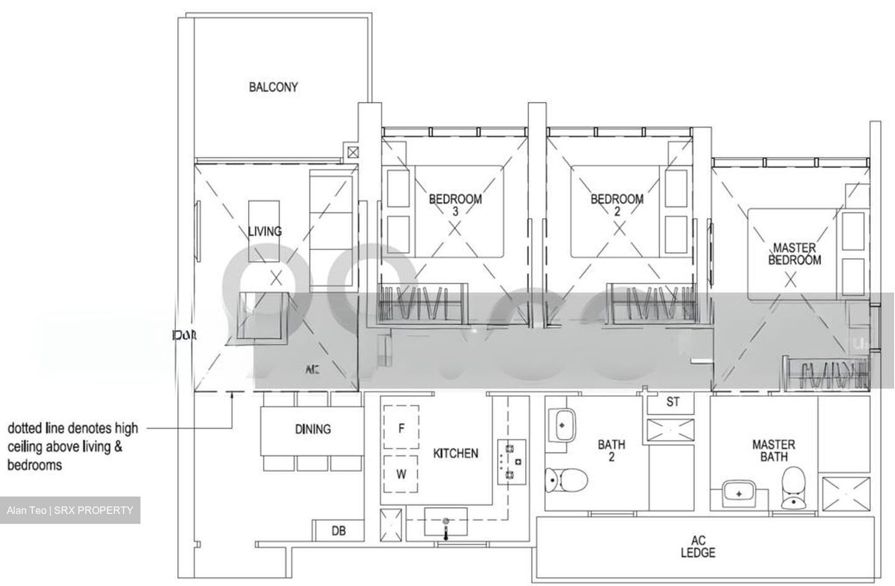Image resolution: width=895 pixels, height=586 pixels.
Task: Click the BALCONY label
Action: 273,87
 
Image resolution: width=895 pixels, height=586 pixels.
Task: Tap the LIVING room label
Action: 265,231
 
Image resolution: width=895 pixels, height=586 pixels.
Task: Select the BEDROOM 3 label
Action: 455,205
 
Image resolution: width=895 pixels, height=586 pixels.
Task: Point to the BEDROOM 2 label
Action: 617,205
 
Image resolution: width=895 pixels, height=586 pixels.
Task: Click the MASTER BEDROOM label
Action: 794,254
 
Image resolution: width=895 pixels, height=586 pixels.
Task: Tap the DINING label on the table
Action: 313,429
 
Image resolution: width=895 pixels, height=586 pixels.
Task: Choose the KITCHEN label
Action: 456,454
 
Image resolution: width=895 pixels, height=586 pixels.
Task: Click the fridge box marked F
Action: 401,428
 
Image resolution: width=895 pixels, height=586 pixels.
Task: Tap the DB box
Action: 338,531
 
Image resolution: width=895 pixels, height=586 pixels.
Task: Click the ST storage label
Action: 672,402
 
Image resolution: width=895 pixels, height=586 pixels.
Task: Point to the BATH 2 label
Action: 612,451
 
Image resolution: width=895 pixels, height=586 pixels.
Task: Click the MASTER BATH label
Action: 773,451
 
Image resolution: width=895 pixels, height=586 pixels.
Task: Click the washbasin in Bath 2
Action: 562,426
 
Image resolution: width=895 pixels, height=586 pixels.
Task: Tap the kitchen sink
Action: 446,521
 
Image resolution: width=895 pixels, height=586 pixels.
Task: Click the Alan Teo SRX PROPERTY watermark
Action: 70,511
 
